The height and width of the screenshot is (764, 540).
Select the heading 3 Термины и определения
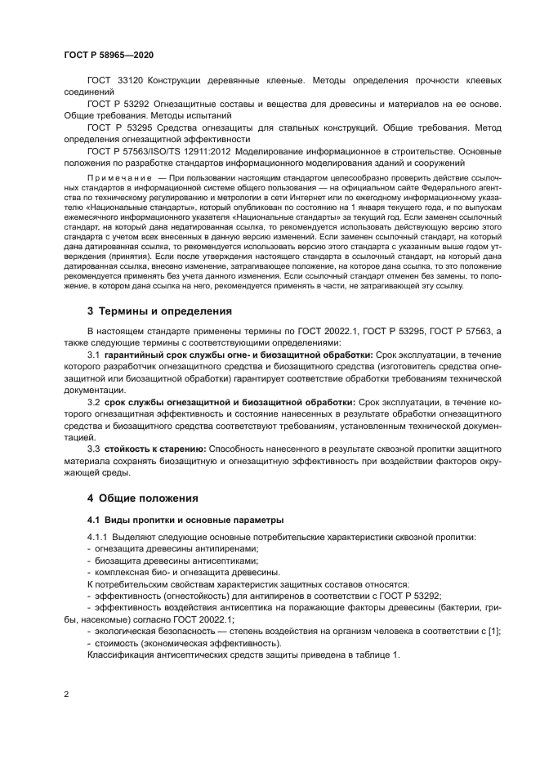159,311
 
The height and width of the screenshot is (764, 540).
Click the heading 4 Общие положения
141,498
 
